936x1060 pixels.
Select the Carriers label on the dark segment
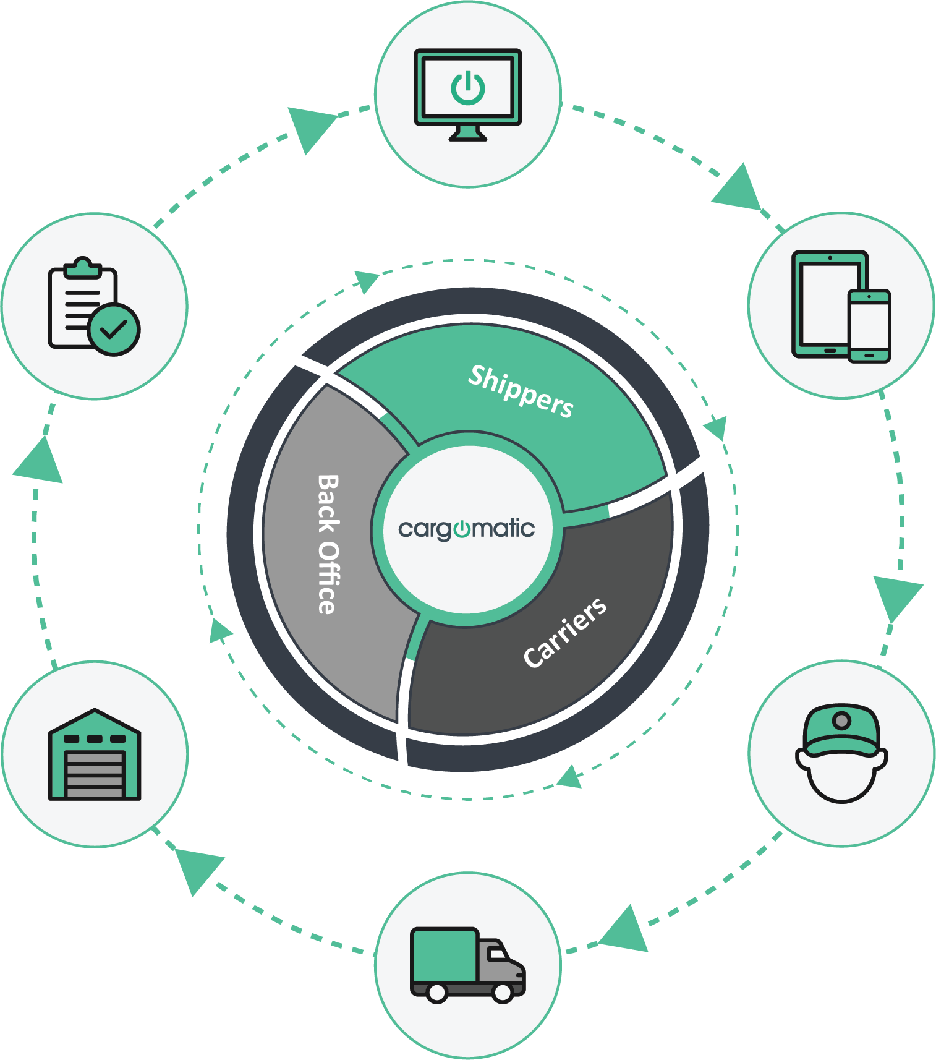pyautogui.click(x=565, y=632)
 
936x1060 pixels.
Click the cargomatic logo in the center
pyautogui.click(x=467, y=529)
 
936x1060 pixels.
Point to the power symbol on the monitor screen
pyautogui.click(x=467, y=88)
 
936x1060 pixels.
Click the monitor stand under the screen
pyautogui.click(x=467, y=133)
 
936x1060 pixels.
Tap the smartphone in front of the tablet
pyautogui.click(x=869, y=325)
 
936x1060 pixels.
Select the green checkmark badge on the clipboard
pyautogui.click(x=114, y=329)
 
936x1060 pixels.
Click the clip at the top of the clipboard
pyautogui.click(x=82, y=267)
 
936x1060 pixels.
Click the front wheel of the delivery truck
pyautogui.click(x=503, y=993)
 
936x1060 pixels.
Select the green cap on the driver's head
pyautogui.click(x=841, y=730)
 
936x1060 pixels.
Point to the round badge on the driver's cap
pyautogui.click(x=841, y=720)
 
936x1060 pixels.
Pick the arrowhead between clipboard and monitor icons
pyautogui.click(x=309, y=127)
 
